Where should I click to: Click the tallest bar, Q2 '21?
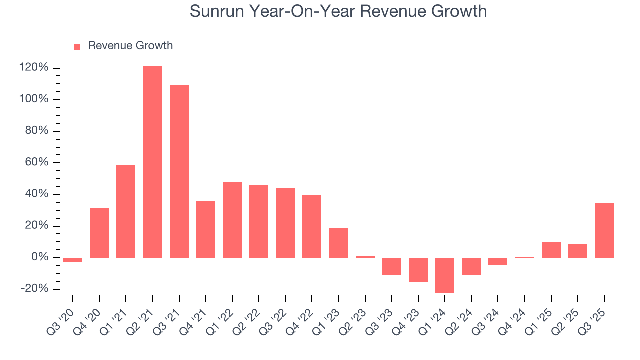[152, 162]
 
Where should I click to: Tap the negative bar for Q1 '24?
[445, 275]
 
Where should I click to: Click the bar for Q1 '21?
[126, 211]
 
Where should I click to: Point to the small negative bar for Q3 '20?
[73, 260]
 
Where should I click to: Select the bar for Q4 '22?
[312, 226]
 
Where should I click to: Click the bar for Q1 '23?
[338, 242]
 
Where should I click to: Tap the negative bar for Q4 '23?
[418, 270]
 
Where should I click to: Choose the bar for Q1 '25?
[551, 249]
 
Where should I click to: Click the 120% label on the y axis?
[34, 68]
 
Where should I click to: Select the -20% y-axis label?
[34, 289]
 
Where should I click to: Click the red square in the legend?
[77, 46]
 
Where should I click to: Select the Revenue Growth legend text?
[130, 46]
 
